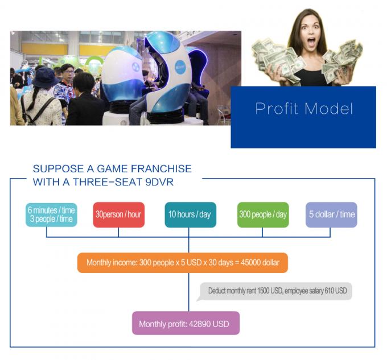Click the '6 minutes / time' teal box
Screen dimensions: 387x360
(x=51, y=214)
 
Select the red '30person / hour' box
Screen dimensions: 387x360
(x=119, y=214)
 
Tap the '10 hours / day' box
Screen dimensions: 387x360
(x=190, y=214)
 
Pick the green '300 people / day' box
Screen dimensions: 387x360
(x=263, y=214)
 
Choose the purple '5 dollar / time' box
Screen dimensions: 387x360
(x=331, y=214)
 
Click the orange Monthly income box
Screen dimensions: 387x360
(x=183, y=263)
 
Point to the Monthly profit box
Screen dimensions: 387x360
(x=186, y=323)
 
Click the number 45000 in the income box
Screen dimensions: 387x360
(x=250, y=262)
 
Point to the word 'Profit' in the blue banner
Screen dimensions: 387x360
(x=277, y=109)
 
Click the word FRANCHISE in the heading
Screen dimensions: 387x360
(x=161, y=169)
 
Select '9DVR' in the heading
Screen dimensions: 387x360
(x=159, y=182)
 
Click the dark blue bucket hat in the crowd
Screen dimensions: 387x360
(x=44, y=77)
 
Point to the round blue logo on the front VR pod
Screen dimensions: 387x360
(x=180, y=67)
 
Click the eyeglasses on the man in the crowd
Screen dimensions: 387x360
(x=69, y=72)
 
